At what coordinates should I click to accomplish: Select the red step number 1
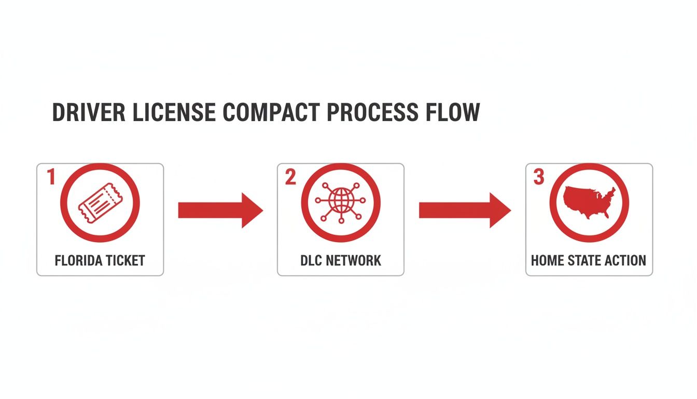point(51,178)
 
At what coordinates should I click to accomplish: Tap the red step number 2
point(290,178)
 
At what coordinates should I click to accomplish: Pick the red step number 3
point(539,178)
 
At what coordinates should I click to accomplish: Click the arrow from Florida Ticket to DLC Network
point(220,210)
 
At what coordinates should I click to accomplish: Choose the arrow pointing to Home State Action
point(465,210)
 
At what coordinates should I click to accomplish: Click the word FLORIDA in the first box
point(77,260)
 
